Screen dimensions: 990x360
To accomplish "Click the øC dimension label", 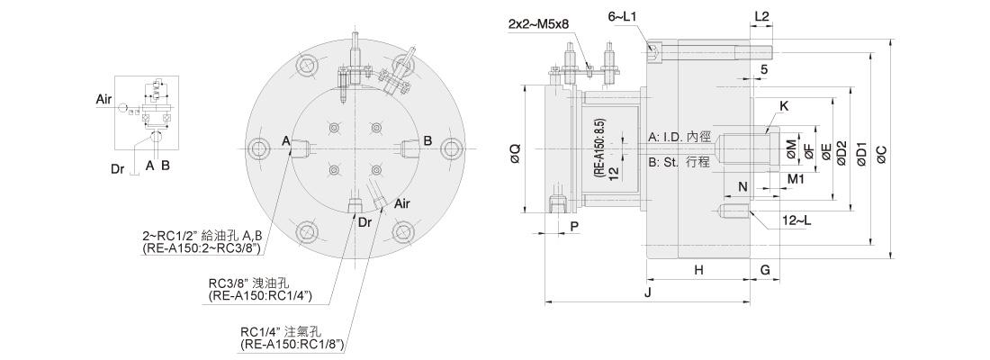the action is pyautogui.click(x=883, y=152).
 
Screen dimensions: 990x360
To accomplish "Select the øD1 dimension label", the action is pyautogui.click(x=862, y=152).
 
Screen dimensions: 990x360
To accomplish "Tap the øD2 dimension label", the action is pyautogui.click(x=841, y=152).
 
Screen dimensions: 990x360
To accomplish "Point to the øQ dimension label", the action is pyautogui.click(x=515, y=152).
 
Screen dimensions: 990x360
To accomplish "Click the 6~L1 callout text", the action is pyautogui.click(x=623, y=15).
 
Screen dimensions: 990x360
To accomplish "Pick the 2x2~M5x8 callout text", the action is pyautogui.click(x=538, y=24).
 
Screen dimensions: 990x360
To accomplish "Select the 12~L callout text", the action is pyautogui.click(x=796, y=220).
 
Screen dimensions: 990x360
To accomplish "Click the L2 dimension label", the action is pyautogui.click(x=761, y=17).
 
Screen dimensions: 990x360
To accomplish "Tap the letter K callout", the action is pyautogui.click(x=784, y=106).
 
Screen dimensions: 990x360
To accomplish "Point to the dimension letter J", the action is pyautogui.click(x=648, y=293).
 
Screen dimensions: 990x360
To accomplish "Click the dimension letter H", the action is pyautogui.click(x=698, y=270).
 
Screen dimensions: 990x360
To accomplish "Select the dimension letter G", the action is pyautogui.click(x=765, y=270).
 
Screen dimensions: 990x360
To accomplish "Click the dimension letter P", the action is pyautogui.click(x=574, y=226).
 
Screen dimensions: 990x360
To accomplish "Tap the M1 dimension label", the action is pyautogui.click(x=796, y=179).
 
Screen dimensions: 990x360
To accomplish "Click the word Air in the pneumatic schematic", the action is pyautogui.click(x=104, y=99).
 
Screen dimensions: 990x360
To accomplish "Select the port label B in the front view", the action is pyautogui.click(x=427, y=140).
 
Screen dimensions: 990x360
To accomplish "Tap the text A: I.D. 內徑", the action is pyautogui.click(x=679, y=137).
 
